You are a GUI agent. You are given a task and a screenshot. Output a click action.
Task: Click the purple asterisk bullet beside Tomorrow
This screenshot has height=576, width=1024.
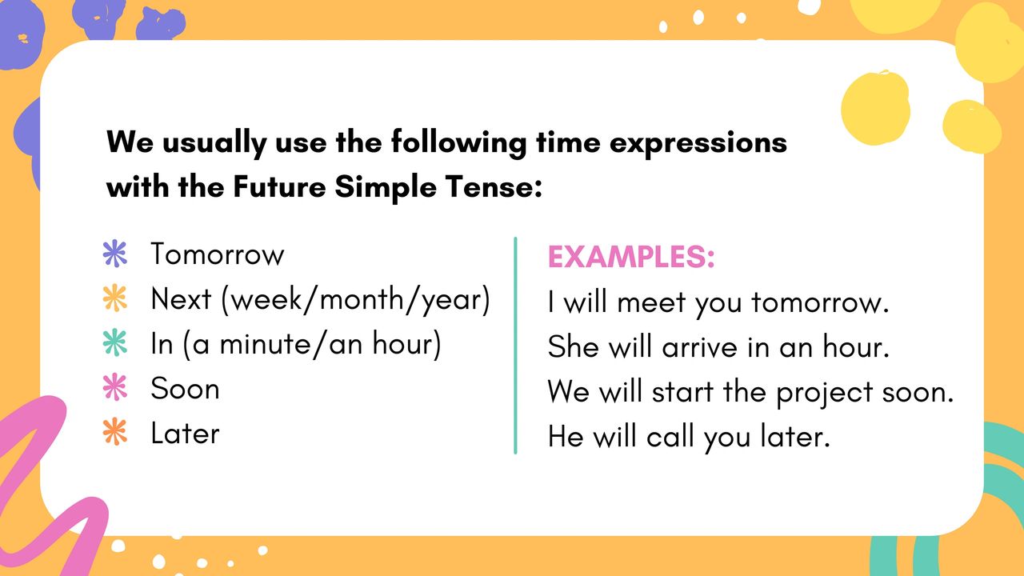pyautogui.click(x=115, y=254)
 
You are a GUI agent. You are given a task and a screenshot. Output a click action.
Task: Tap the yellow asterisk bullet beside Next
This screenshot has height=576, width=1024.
pyautogui.click(x=115, y=298)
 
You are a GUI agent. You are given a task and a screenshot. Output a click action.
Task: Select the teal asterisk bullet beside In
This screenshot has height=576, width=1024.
pyautogui.click(x=115, y=342)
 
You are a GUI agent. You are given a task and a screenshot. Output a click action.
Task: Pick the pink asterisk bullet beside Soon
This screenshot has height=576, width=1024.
pyautogui.click(x=115, y=387)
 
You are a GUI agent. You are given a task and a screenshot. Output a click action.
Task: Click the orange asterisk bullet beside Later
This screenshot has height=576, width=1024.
pyautogui.click(x=115, y=431)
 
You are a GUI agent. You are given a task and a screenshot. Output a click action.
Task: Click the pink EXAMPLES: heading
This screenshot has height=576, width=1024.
pyautogui.click(x=631, y=257)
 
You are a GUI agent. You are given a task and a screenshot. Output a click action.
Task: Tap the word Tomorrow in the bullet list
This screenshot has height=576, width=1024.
pyautogui.click(x=217, y=254)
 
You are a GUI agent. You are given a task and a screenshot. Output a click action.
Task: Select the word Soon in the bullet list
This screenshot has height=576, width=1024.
pyautogui.click(x=185, y=389)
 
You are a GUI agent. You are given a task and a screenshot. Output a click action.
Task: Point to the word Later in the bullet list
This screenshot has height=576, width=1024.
pyautogui.click(x=185, y=433)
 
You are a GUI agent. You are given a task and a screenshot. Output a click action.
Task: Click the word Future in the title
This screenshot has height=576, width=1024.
pyautogui.click(x=279, y=187)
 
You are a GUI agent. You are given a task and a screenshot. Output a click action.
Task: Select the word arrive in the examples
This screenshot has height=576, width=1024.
pyautogui.click(x=699, y=347)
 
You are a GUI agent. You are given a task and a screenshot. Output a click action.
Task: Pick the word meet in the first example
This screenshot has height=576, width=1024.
pyautogui.click(x=651, y=303)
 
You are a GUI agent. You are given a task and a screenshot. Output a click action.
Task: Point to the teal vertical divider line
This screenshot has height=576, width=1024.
pyautogui.click(x=515, y=345)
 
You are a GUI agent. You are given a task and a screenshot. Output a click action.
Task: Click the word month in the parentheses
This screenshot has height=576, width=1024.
pyautogui.click(x=359, y=299)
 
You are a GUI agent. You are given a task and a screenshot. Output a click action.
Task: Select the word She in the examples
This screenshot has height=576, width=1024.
pyautogui.click(x=574, y=346)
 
